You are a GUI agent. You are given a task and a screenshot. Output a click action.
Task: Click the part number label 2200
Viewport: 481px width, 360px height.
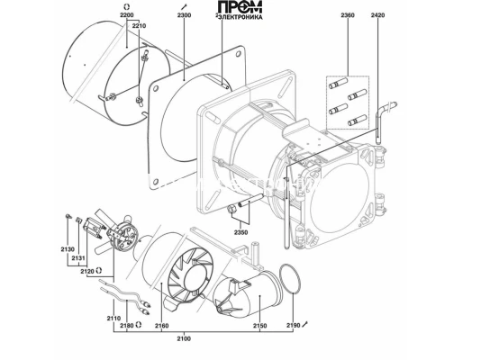(127, 15)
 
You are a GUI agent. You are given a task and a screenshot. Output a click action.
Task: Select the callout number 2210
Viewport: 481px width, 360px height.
(139, 26)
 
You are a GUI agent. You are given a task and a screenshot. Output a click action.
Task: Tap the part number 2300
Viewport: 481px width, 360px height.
(184, 15)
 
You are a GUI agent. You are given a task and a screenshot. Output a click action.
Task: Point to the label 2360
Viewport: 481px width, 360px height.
(348, 15)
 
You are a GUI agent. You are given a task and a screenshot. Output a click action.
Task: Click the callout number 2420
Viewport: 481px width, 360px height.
(377, 15)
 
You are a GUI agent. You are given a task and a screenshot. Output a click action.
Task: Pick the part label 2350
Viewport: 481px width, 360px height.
(240, 232)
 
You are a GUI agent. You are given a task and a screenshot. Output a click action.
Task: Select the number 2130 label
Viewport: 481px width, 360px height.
(68, 249)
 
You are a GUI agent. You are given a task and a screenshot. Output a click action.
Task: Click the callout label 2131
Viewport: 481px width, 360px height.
(78, 258)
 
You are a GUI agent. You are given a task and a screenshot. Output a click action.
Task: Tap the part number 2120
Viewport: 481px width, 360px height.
(87, 271)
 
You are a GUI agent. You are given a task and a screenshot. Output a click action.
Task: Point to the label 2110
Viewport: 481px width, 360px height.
(113, 319)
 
